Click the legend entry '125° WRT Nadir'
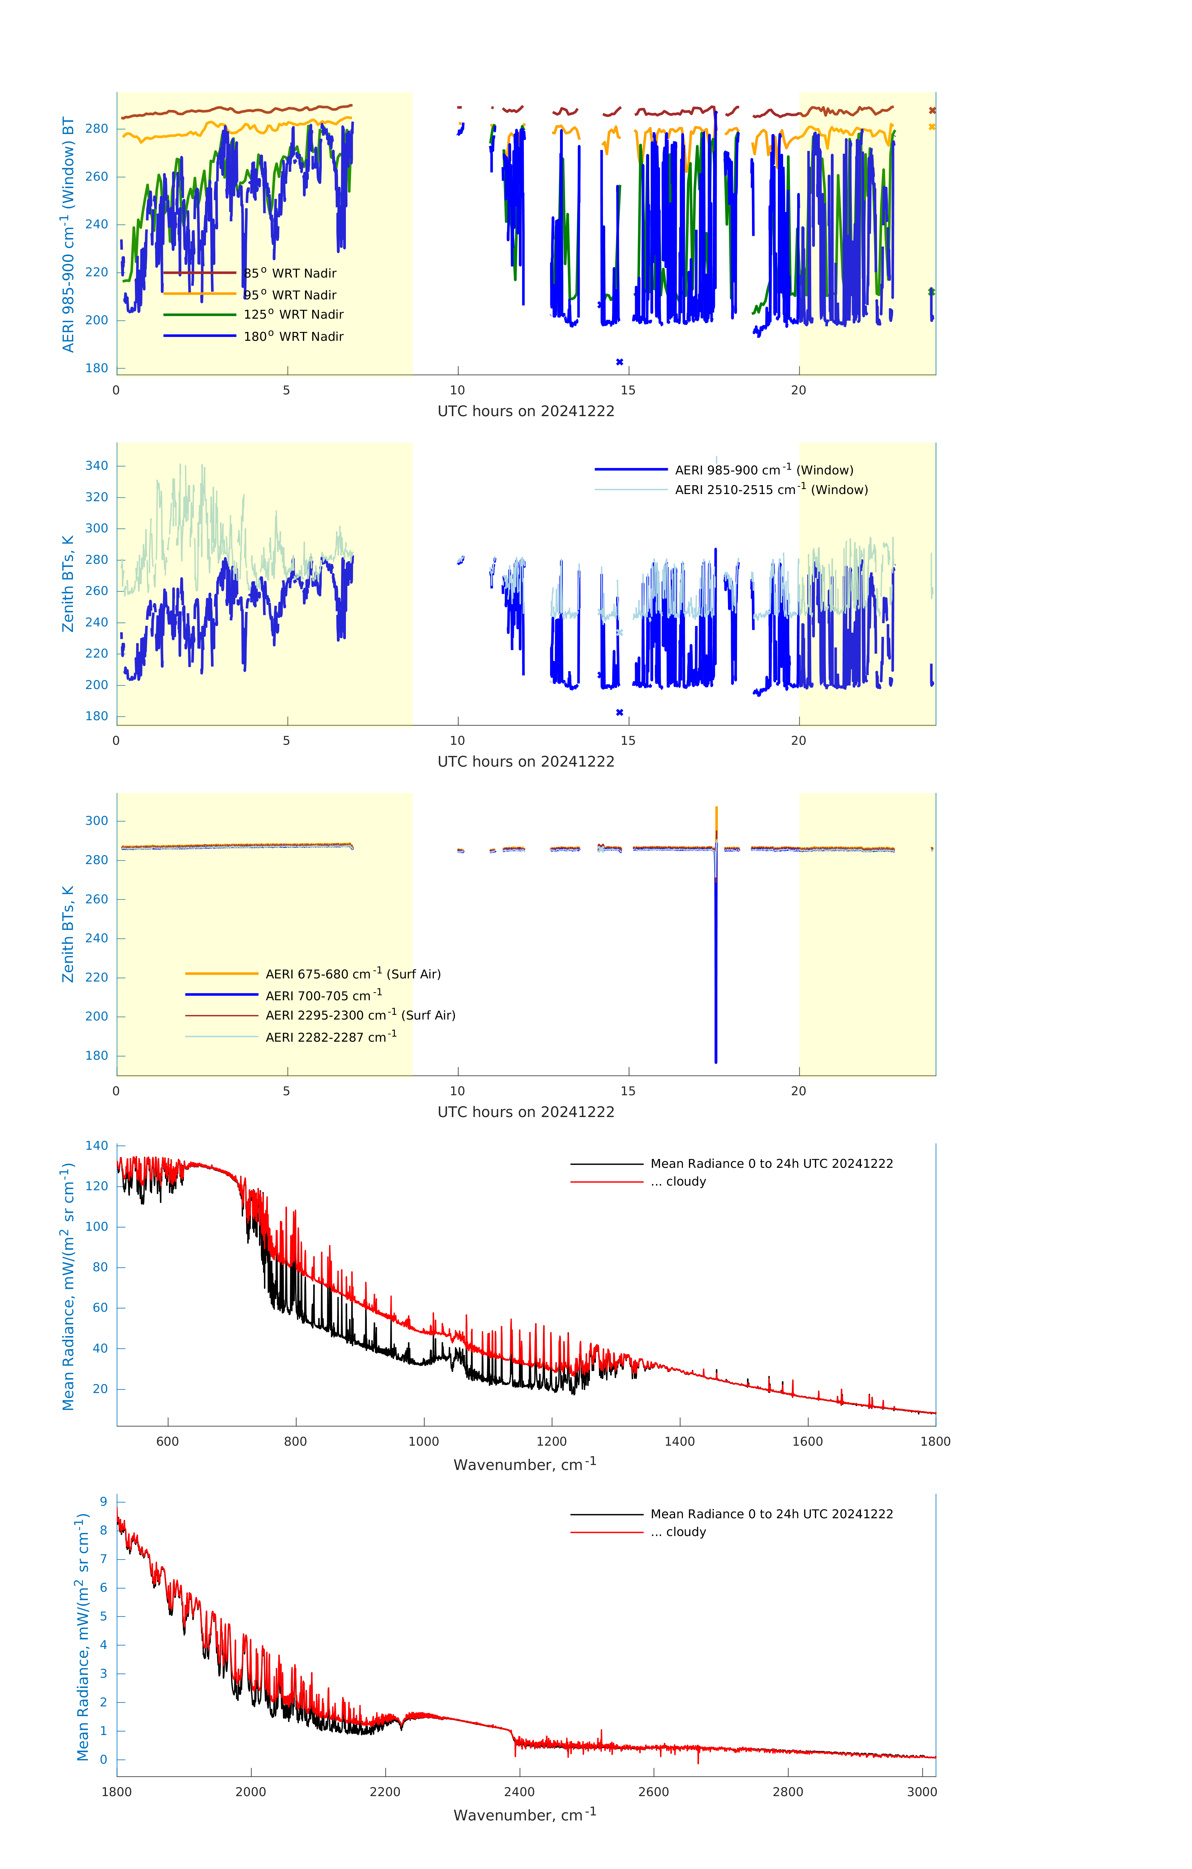point(293,314)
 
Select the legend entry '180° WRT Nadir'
point(293,336)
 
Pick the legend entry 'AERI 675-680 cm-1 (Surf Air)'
point(352,974)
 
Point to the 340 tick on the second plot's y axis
point(97,466)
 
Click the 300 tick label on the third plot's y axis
point(97,820)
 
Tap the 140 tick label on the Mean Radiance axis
point(97,1146)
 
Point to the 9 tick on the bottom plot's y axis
point(103,1501)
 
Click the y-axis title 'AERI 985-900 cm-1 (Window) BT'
point(68,234)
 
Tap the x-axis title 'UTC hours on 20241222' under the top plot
point(526,411)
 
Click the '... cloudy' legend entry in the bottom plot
point(686,1532)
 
